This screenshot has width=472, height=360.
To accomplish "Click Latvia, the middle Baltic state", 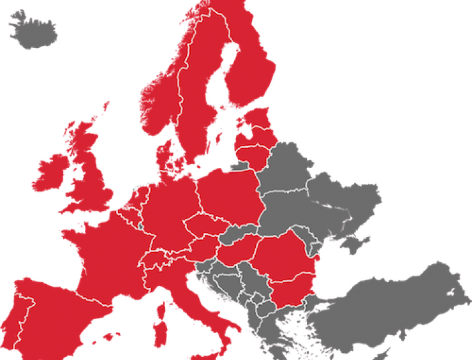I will (x=255, y=137).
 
